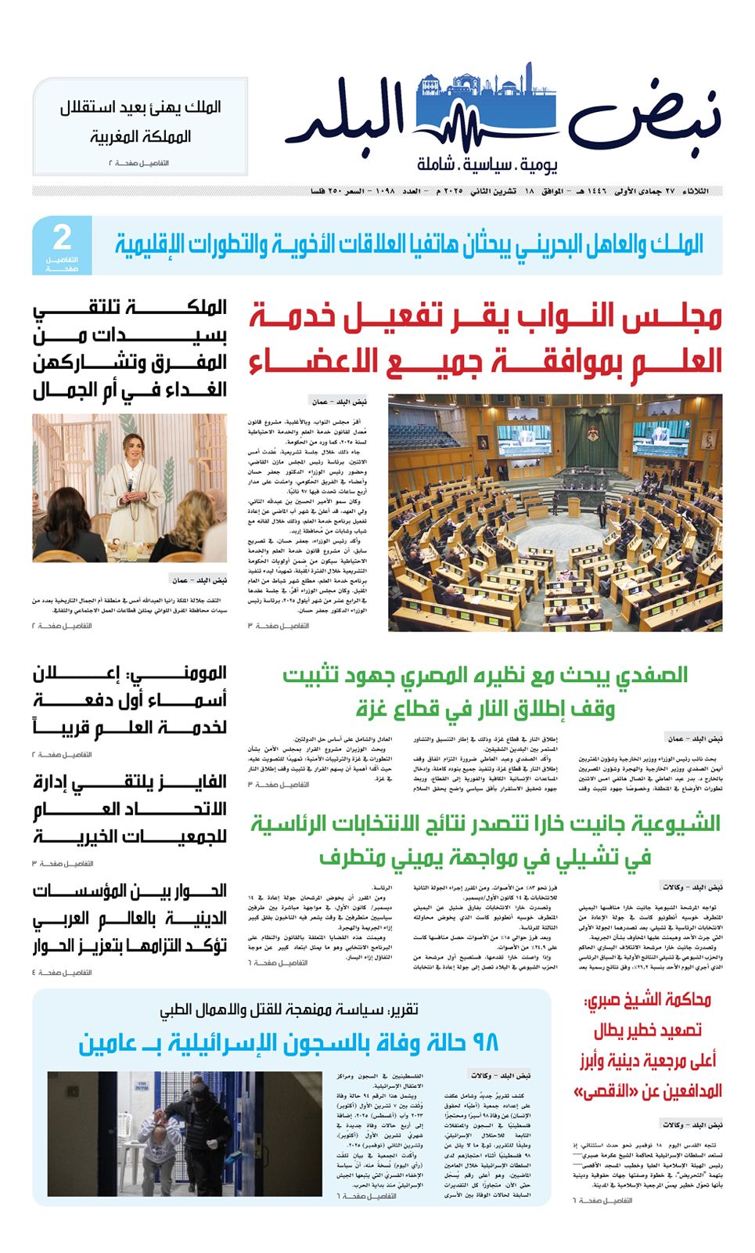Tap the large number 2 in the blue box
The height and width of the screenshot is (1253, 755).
pyautogui.click(x=62, y=237)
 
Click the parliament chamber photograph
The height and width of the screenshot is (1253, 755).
pyautogui.click(x=555, y=512)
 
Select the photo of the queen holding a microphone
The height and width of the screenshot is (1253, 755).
pyautogui.click(x=130, y=488)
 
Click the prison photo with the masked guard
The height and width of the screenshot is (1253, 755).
pyautogui.click(x=185, y=1133)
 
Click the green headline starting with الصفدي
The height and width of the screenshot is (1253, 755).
pyautogui.click(x=485, y=691)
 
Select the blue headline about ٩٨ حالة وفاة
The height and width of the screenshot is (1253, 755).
pyautogui.click(x=289, y=1042)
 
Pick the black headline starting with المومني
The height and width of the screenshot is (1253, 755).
pyautogui.click(x=130, y=700)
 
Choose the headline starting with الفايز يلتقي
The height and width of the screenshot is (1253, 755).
pyautogui.click(x=130, y=809)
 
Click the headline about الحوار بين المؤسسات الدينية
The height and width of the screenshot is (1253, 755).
pyautogui.click(x=130, y=918)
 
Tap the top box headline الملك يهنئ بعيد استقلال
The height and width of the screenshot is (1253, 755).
pyautogui.click(x=140, y=121)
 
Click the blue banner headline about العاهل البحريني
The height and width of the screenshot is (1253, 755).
pyautogui.click(x=409, y=245)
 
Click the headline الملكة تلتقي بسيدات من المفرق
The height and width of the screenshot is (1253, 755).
pyautogui.click(x=130, y=348)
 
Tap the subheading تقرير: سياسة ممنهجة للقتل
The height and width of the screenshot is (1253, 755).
pyautogui.click(x=289, y=1010)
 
